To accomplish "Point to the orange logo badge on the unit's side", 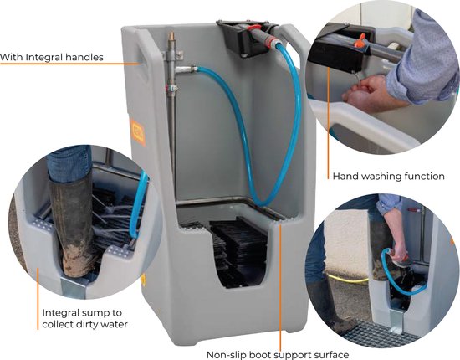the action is pyautogui.click(x=138, y=132).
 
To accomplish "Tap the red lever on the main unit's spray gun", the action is pyautogui.click(x=253, y=28).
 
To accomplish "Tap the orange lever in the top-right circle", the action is pyautogui.click(x=360, y=40).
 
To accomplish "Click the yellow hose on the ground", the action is pyautogui.click(x=348, y=278).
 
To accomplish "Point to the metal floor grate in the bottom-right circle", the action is pyautogui.click(x=381, y=335).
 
